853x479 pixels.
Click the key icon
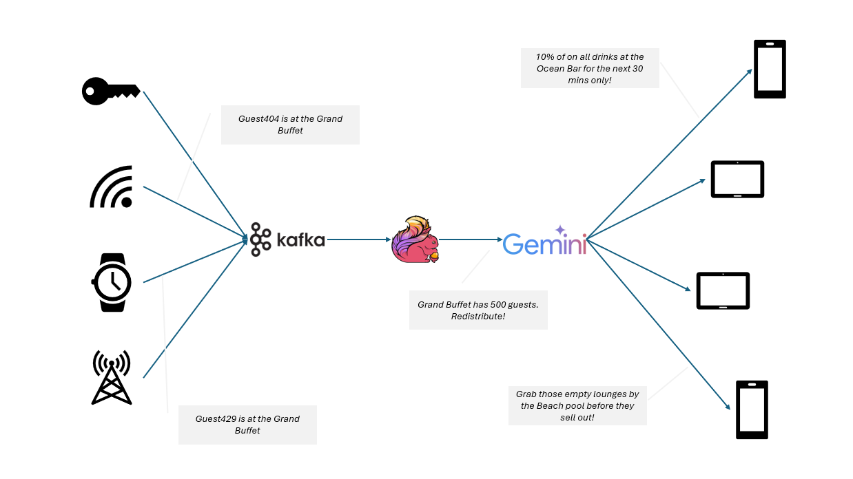click(110, 91)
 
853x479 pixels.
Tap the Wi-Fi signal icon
click(112, 187)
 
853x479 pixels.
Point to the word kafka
click(300, 239)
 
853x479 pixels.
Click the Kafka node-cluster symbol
click(260, 239)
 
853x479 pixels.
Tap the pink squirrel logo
click(414, 239)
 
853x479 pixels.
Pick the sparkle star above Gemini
click(560, 230)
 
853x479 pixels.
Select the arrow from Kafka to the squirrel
click(358, 239)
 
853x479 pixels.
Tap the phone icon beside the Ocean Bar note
click(770, 69)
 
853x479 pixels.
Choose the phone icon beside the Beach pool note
click(752, 409)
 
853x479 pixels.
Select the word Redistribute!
click(478, 316)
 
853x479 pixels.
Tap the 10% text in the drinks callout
click(546, 57)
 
